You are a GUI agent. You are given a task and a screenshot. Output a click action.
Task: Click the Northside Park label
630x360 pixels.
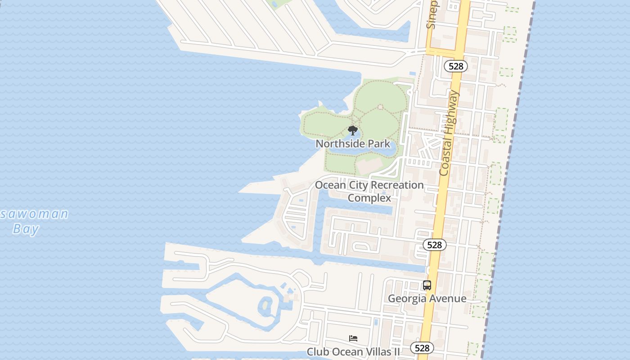[x=353, y=144]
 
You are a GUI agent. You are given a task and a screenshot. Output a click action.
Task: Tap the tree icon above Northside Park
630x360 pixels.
[x=353, y=131]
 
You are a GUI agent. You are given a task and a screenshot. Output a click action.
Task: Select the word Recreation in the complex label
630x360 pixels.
[x=396, y=185]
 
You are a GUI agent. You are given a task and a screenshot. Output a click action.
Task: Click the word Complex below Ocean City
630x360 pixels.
[x=369, y=198]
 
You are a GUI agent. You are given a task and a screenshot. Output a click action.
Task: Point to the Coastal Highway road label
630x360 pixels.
[x=449, y=133]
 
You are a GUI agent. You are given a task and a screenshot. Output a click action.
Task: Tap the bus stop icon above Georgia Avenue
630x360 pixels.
[x=427, y=285]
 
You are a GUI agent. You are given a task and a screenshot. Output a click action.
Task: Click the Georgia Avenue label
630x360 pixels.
[x=427, y=298]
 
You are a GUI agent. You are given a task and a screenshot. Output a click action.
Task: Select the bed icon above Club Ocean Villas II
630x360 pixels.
[x=353, y=338]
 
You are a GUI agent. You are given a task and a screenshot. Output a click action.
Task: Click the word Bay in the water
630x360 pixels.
[x=26, y=229]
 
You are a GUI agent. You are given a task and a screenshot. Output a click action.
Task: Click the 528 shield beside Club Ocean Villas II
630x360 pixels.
[x=422, y=348]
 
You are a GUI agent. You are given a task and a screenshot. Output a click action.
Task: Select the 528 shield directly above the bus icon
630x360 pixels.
[x=435, y=245]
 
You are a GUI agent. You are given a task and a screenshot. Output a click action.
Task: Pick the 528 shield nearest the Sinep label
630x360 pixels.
[x=456, y=66]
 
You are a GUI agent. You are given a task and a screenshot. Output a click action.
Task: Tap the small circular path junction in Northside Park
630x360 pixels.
[x=380, y=107]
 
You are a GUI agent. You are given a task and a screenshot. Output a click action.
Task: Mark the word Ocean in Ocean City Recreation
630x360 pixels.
[x=330, y=185]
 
